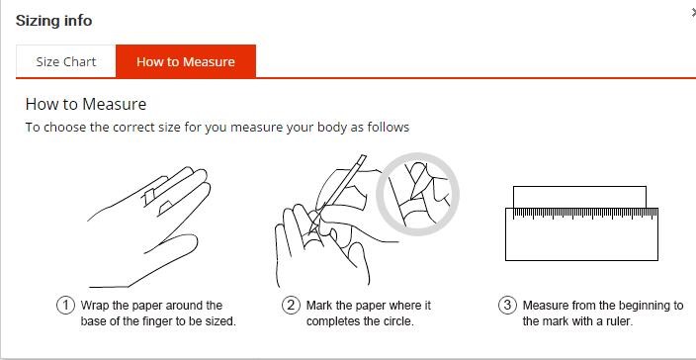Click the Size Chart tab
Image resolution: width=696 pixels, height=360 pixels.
point(65,61)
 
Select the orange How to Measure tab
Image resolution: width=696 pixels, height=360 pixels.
point(186,61)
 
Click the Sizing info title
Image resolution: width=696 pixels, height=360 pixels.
point(53,21)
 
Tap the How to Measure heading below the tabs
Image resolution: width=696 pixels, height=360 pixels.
point(86,104)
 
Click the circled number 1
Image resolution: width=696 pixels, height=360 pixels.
point(65,306)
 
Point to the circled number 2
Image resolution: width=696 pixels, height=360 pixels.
point(291,306)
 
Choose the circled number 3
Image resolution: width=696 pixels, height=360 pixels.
point(508,306)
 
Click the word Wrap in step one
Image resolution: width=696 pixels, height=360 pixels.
point(95,307)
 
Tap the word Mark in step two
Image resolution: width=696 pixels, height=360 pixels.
point(319,306)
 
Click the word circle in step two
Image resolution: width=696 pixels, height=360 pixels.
point(399,321)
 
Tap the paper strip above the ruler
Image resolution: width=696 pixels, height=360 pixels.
point(579,197)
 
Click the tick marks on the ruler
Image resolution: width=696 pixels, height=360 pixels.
point(585,214)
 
